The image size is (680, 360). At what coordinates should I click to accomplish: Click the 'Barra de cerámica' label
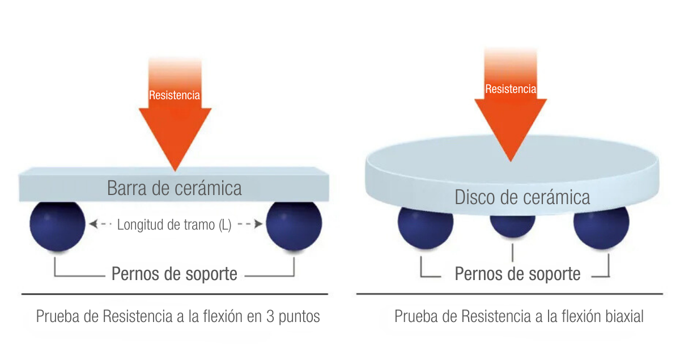point(175,188)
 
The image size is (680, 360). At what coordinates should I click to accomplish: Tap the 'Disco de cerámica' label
point(522,197)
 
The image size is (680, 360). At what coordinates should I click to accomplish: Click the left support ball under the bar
point(57,226)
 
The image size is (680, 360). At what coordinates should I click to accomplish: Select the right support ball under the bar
point(294,226)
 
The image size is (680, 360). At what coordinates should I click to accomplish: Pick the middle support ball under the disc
point(512,226)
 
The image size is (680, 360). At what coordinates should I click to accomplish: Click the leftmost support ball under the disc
point(426,228)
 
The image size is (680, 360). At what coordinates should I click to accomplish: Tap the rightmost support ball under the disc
point(601,228)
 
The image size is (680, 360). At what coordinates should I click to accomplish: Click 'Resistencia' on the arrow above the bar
point(175,95)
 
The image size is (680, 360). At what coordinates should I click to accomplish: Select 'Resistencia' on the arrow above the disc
point(511,89)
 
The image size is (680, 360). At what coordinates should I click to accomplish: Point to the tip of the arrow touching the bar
point(175,171)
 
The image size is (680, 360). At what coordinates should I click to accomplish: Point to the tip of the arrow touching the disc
point(511,162)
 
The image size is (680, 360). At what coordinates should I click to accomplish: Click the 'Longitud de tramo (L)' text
point(175,225)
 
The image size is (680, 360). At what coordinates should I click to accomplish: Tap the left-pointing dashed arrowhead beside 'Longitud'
point(93,224)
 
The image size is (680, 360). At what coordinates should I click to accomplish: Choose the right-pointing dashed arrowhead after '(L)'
point(258,224)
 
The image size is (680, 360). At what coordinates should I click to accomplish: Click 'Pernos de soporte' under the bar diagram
point(175,274)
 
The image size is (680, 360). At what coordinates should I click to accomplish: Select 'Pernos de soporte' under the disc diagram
point(517,274)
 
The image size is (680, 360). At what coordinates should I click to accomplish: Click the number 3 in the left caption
point(270,316)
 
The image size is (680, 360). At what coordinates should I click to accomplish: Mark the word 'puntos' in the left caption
point(299,317)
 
